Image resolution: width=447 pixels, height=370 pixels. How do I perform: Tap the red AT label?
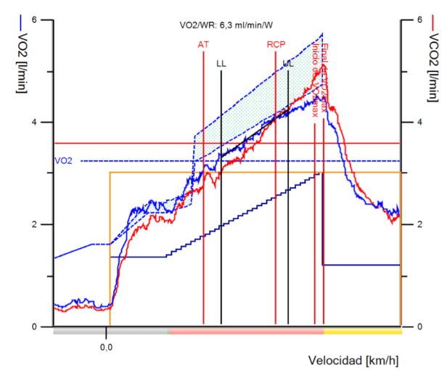tap(203, 44)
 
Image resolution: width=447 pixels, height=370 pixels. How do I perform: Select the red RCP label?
tap(275, 44)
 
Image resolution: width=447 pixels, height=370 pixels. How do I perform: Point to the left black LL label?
tap(221, 64)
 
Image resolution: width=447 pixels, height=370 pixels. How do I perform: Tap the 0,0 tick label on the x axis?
tap(107, 347)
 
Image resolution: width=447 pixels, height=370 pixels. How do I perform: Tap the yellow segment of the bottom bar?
tap(362, 331)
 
